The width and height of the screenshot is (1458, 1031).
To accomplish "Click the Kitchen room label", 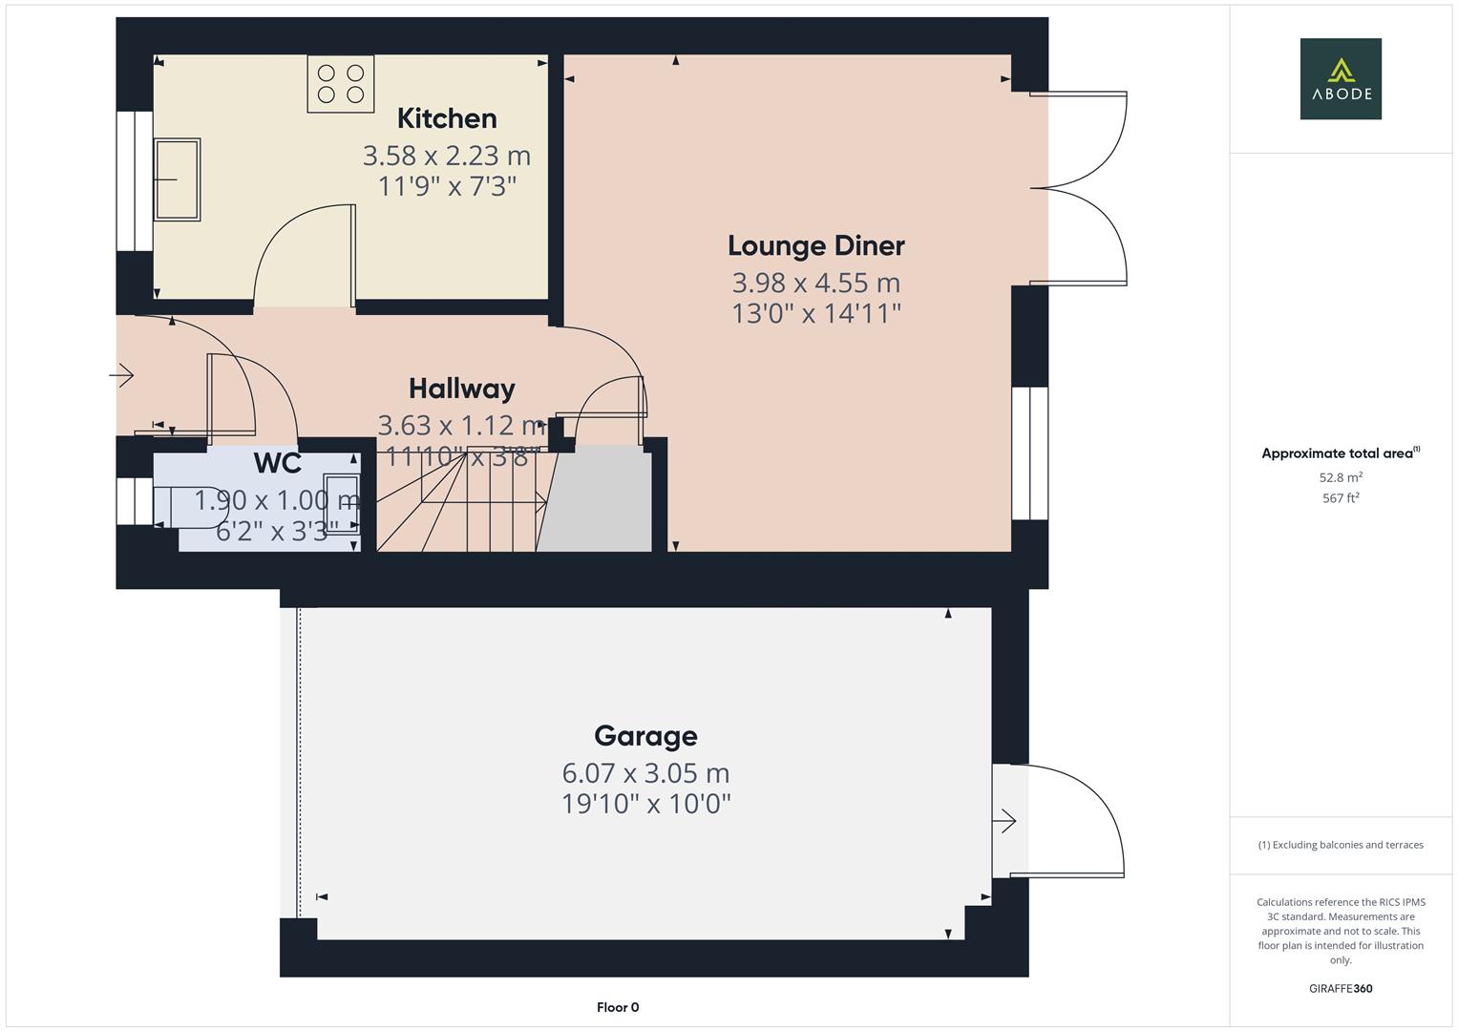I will [x=447, y=118].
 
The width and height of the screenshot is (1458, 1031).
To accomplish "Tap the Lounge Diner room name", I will [x=815, y=245].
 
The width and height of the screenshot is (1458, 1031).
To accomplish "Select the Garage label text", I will [x=645, y=736].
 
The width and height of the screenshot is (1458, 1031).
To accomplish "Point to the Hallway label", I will [x=462, y=389].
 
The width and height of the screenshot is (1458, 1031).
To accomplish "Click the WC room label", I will [x=278, y=463].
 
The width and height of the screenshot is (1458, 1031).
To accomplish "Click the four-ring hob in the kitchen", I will [x=341, y=83].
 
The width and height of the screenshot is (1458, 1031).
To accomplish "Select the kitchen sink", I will [x=178, y=179].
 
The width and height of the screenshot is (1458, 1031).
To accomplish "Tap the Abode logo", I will [x=1341, y=78].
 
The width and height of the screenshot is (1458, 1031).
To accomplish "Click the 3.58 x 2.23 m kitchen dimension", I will [x=446, y=155].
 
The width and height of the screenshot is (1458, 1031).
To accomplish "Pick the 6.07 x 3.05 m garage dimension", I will [x=645, y=772].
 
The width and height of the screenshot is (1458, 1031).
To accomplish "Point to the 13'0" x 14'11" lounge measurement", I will [x=815, y=313].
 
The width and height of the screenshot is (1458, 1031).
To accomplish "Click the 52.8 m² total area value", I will [x=1341, y=477].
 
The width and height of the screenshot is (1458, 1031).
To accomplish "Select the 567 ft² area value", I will [x=1341, y=498].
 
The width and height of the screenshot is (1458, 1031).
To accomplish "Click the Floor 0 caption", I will [x=618, y=1007].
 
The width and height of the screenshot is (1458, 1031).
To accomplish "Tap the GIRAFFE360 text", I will [x=1341, y=988].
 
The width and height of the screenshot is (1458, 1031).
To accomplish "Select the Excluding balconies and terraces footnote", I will [x=1341, y=845].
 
